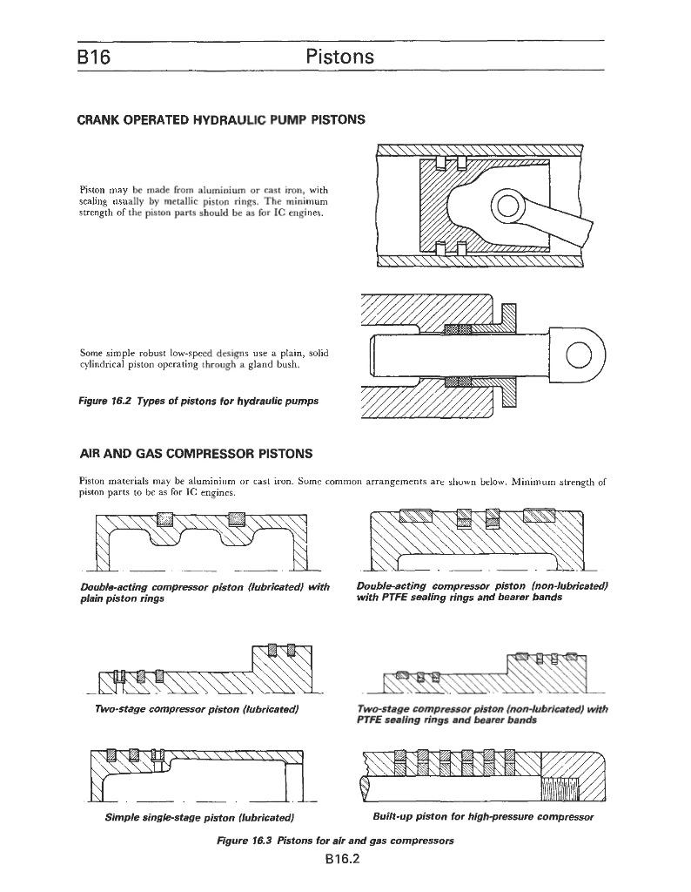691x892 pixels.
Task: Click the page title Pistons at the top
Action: (340, 57)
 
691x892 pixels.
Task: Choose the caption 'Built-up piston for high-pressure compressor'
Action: (482, 817)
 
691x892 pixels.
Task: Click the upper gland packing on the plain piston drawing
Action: (458, 328)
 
